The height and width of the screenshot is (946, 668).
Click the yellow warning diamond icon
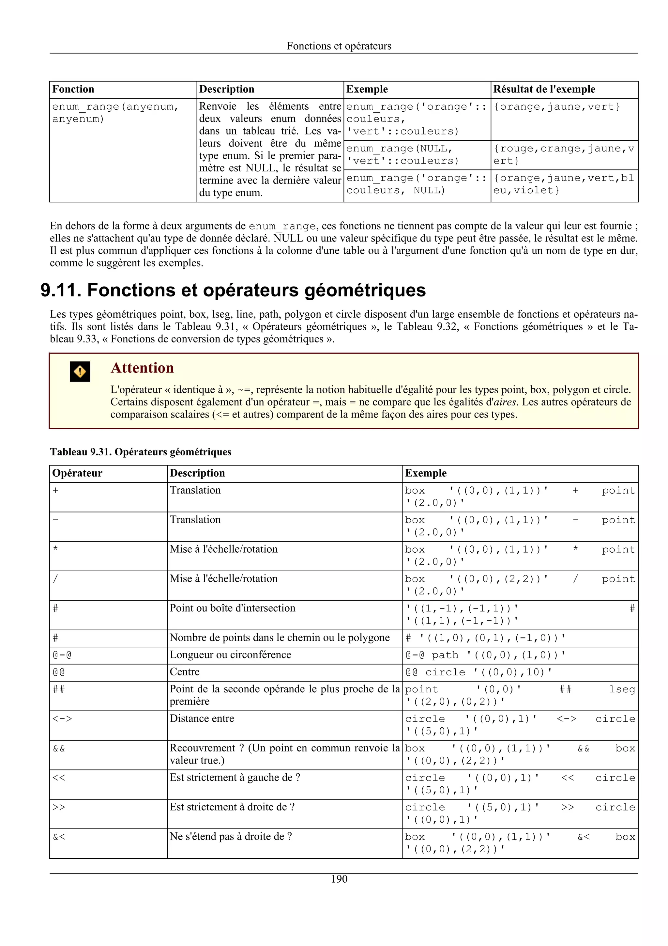click(80, 371)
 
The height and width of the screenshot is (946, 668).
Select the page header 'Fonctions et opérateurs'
click(339, 46)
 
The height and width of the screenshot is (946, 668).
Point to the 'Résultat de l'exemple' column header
click(544, 89)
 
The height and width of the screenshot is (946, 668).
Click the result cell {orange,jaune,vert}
click(557, 107)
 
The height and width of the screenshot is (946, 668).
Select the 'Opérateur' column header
click(77, 473)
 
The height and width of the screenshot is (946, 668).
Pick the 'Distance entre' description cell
click(202, 718)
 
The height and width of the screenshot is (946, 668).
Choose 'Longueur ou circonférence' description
click(231, 655)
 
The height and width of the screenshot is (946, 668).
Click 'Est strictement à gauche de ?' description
click(235, 778)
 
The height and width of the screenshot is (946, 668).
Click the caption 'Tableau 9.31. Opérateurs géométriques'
click(141, 452)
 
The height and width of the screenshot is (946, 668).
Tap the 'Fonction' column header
click(73, 89)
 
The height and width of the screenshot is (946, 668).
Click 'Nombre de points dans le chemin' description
click(280, 638)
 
